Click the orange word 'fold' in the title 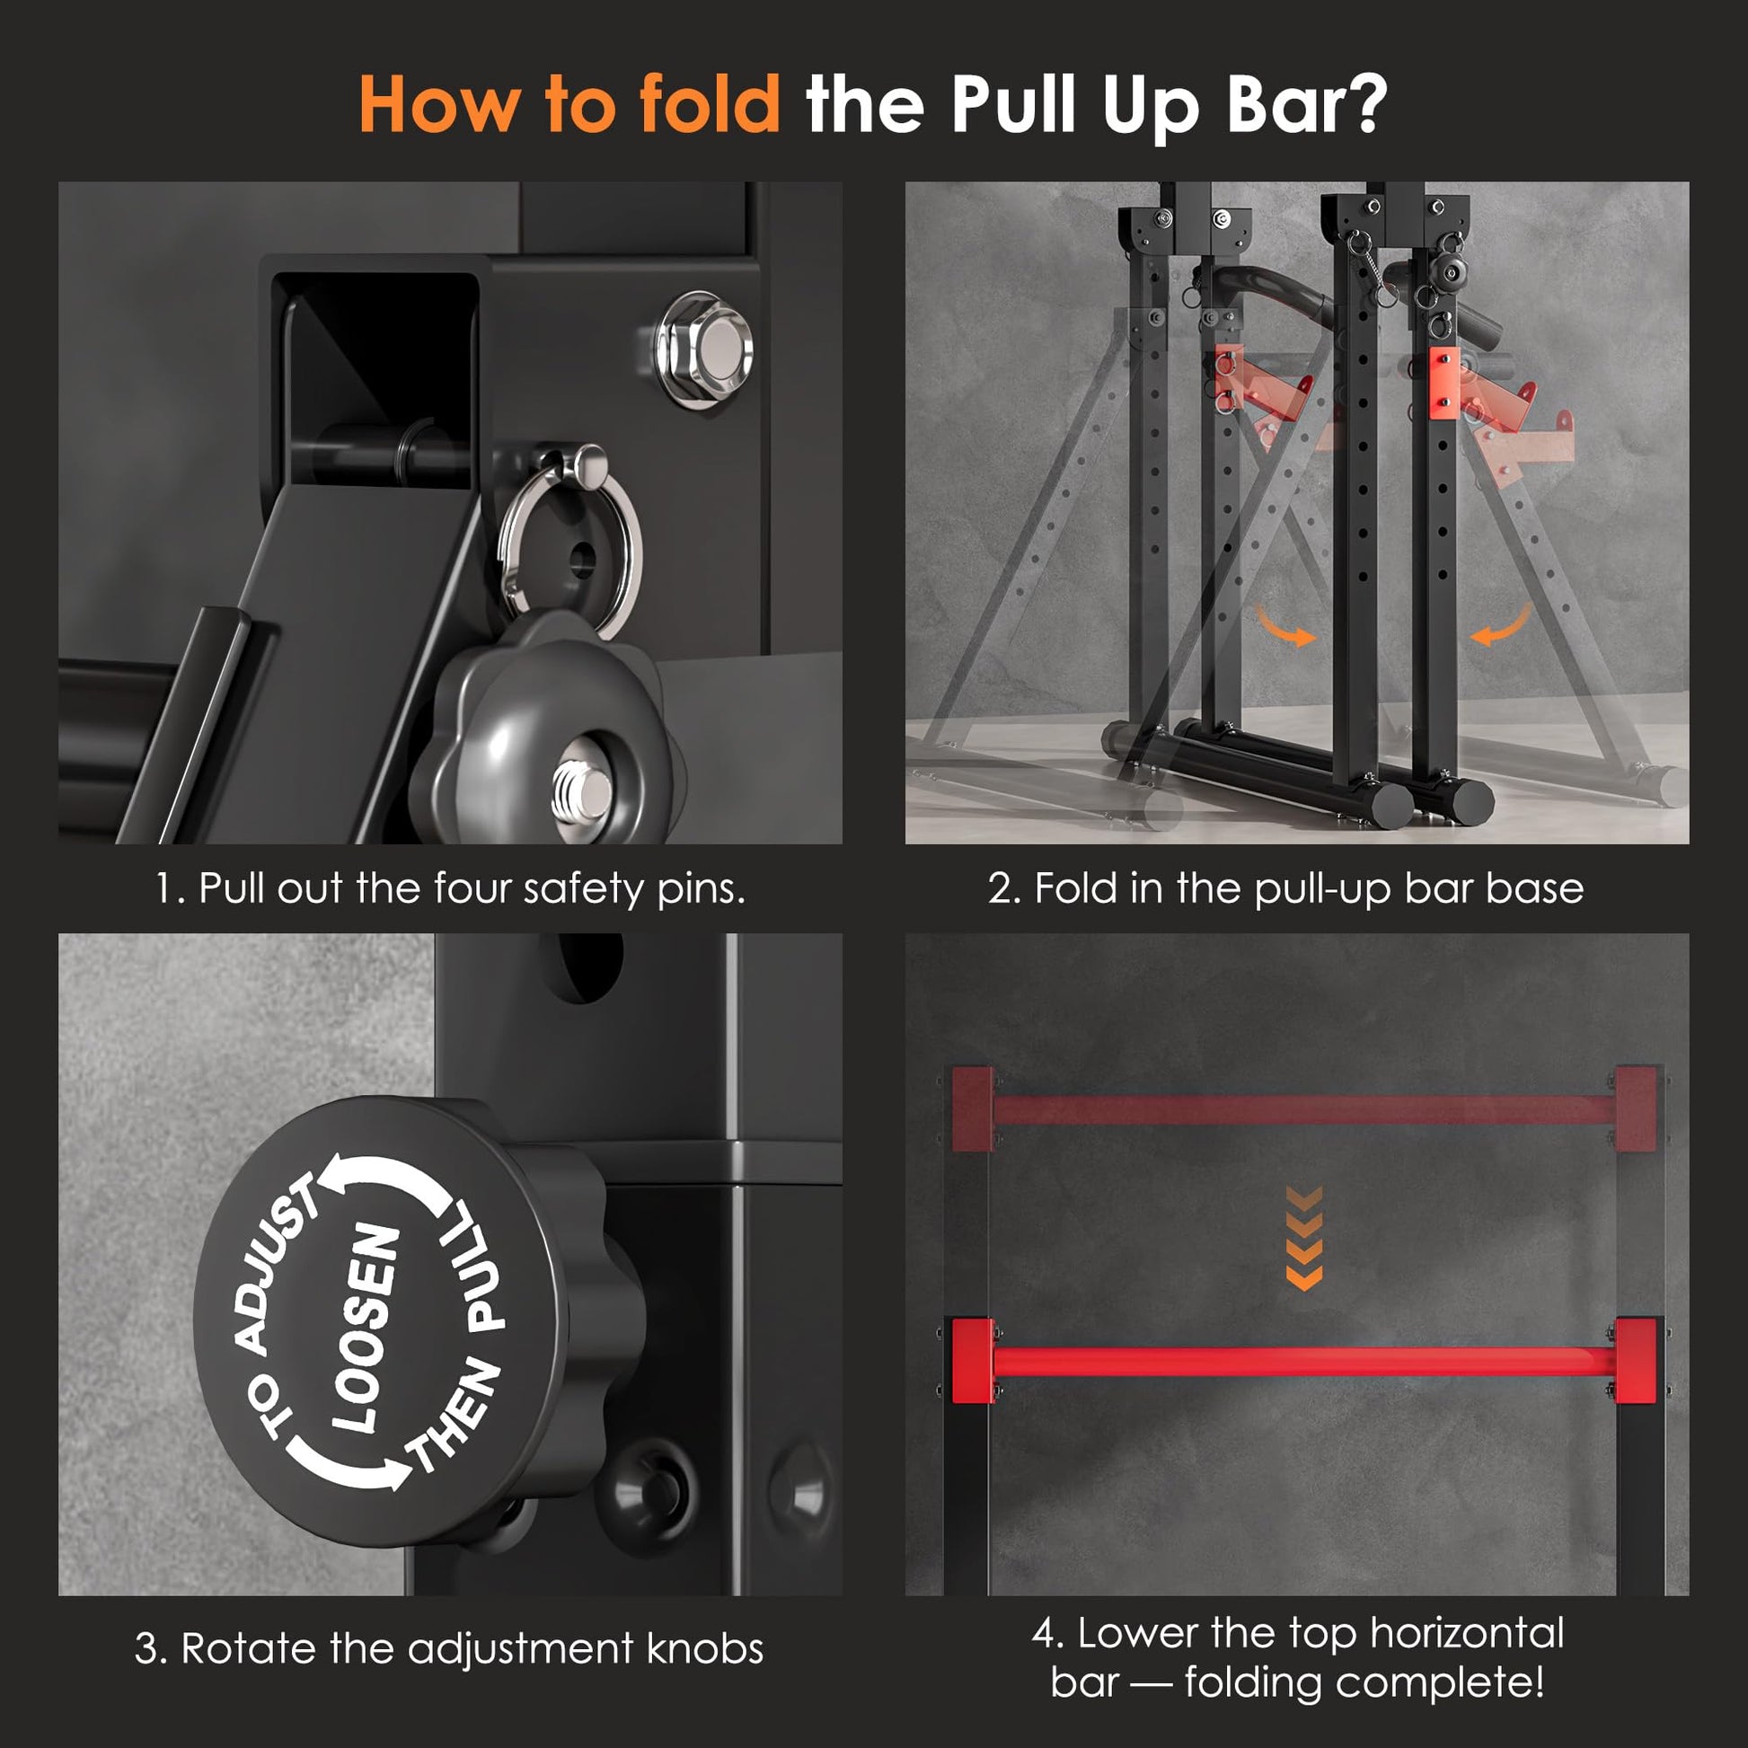coord(709,103)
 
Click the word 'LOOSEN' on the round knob coord(366,1329)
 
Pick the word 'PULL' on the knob coord(476,1267)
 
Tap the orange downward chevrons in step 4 coord(1302,1239)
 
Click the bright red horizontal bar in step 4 coord(1303,1362)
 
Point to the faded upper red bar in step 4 coord(1303,1108)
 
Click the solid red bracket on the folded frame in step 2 coord(1443,384)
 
